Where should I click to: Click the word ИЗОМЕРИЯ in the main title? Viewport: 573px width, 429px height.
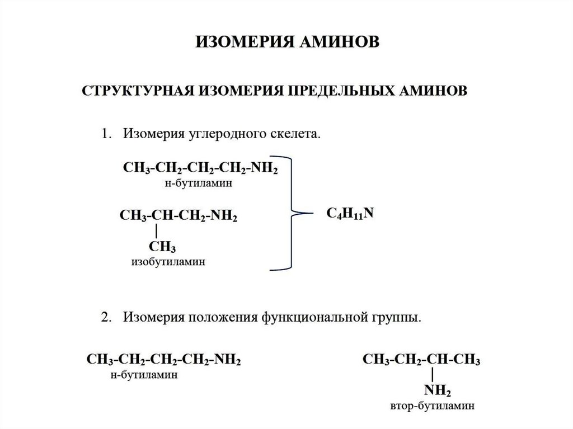pos(245,41)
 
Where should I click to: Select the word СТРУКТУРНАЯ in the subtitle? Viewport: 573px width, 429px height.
pos(138,91)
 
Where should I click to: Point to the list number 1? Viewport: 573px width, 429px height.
pos(106,134)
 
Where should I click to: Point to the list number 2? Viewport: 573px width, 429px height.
pos(106,317)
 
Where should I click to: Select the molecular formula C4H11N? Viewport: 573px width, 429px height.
pos(350,214)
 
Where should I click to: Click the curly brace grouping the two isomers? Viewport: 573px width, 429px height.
pos(292,214)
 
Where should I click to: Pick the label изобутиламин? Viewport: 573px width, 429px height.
pos(168,262)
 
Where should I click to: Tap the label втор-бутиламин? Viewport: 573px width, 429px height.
pos(433,406)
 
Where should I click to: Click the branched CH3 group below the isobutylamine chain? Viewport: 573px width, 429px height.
pos(162,247)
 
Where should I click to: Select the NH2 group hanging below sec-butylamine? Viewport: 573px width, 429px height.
pos(438,390)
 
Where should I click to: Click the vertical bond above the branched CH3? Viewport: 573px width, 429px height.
pos(157,232)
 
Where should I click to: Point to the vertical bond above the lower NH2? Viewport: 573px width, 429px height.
pos(433,375)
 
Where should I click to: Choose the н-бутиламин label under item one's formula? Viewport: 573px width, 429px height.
pos(199,183)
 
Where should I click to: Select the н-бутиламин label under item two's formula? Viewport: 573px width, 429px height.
pos(144,375)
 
